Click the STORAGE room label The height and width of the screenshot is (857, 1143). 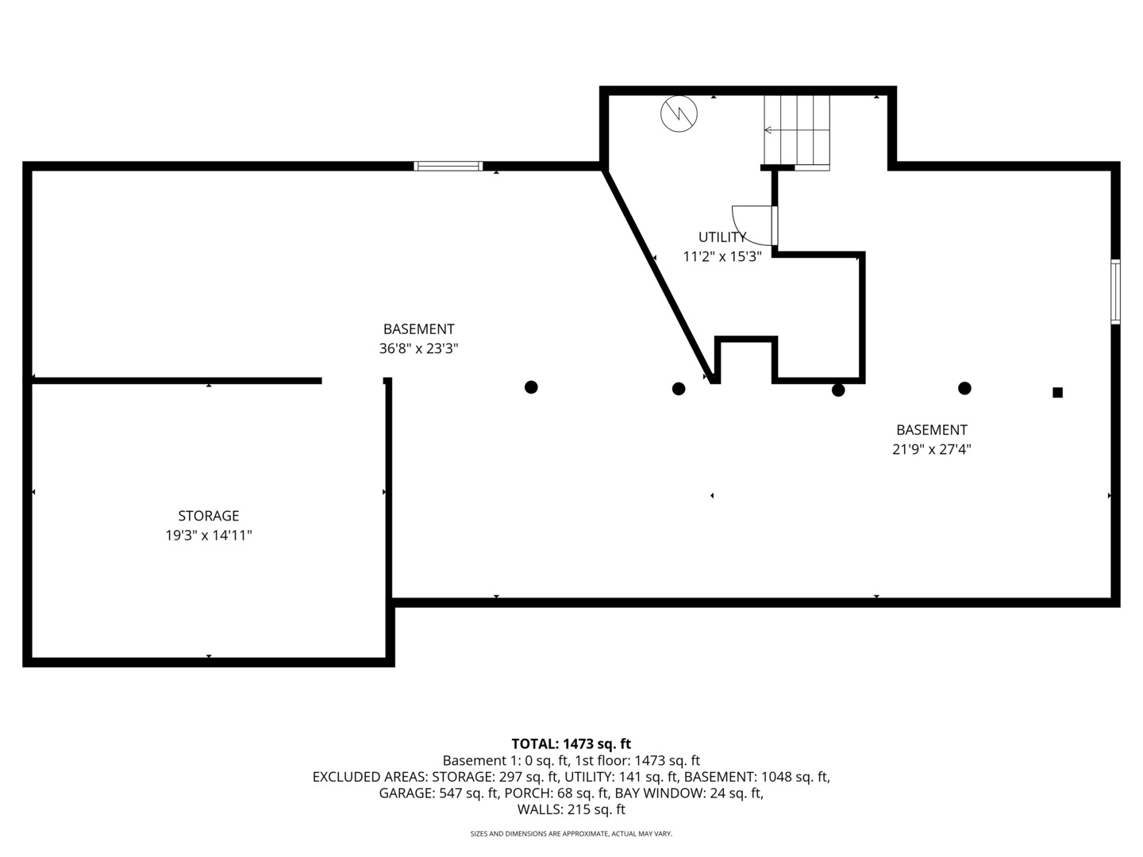pos(208,516)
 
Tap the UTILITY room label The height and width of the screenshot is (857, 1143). pos(722,237)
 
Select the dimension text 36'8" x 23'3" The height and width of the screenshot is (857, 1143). pos(418,348)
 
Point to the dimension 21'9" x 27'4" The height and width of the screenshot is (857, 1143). pos(932,449)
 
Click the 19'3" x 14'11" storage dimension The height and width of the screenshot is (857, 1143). pos(208,536)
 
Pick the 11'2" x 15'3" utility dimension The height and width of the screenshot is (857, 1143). pos(722,256)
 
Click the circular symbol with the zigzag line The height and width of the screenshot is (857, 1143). pos(679,113)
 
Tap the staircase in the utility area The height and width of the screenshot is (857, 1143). pos(797,133)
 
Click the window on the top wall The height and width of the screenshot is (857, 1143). pos(448,166)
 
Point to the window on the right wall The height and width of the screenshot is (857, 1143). pos(1115,291)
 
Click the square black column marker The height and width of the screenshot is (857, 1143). pos(1057,392)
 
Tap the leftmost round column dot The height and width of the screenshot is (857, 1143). pos(531,387)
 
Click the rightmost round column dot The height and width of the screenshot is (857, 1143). pos(964,388)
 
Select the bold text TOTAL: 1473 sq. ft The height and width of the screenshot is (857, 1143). pos(571,744)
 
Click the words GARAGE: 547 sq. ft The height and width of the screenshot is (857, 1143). pos(438,793)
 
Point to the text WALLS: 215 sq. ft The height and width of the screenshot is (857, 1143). pos(571,809)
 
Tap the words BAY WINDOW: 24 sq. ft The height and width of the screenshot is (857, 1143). pos(689,793)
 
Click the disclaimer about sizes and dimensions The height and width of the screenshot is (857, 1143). pos(571,833)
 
